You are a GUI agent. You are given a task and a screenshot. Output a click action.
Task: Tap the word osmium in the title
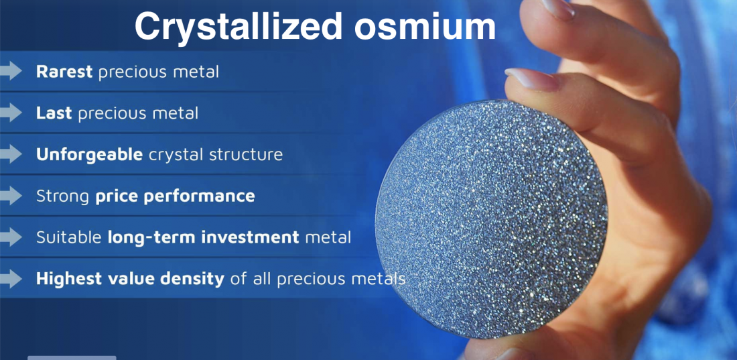point(425,26)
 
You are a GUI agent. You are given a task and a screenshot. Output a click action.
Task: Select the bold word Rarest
point(64,72)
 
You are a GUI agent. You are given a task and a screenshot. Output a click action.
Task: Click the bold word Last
point(54,113)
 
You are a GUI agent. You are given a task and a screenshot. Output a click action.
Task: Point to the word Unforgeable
point(89,154)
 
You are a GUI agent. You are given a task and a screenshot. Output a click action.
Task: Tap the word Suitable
point(68,237)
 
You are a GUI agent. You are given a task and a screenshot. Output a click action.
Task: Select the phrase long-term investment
point(204,237)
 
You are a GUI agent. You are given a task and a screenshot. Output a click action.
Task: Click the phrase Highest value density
point(130,279)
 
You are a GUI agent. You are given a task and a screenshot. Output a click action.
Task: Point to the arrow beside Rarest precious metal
point(11,72)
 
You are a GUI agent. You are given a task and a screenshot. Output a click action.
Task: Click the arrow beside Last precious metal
point(11,113)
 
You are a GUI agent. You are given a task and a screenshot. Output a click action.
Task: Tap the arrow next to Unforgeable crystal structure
point(11,154)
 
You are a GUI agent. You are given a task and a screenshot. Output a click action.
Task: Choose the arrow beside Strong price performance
point(11,196)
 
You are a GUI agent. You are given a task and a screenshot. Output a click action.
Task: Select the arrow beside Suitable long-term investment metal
point(11,237)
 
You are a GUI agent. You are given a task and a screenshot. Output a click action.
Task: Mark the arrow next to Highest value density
point(11,279)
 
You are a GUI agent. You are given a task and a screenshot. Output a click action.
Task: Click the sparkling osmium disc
point(491,219)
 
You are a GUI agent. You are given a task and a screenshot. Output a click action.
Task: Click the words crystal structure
point(216,154)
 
